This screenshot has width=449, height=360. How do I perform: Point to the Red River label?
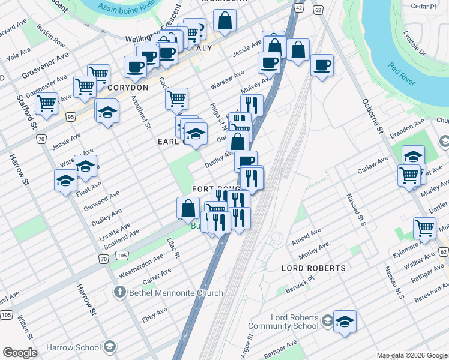[402, 74]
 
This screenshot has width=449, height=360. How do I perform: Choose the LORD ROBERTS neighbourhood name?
[313, 268]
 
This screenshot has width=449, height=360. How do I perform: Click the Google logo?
[20, 353]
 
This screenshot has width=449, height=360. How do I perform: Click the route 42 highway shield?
[298, 7]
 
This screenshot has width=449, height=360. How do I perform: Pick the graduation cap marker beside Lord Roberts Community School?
[345, 322]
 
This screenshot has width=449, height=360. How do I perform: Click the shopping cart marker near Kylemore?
[424, 228]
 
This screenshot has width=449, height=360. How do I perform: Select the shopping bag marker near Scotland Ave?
[188, 208]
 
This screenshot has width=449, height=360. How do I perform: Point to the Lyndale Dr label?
[414, 43]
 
